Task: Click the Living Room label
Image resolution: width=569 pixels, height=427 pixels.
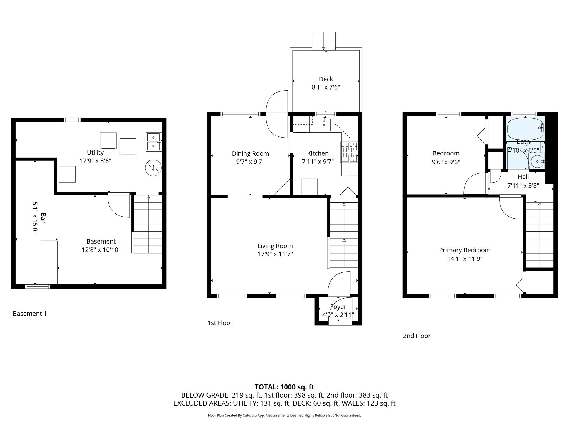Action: click(275, 246)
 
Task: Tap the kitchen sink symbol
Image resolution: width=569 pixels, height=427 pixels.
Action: click(324, 125)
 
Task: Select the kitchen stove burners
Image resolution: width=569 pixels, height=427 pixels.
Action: click(349, 152)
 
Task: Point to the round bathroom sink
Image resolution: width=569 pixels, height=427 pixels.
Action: click(537, 161)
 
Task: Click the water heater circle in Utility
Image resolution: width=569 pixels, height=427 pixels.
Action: click(153, 168)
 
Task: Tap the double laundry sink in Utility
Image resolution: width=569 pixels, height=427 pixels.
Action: click(153, 141)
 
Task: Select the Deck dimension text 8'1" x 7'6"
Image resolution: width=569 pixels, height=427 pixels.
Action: click(326, 87)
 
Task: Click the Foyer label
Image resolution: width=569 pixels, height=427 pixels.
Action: click(338, 307)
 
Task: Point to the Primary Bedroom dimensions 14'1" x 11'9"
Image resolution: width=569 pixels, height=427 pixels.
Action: click(465, 259)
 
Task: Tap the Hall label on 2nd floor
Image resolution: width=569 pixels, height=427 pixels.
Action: click(523, 177)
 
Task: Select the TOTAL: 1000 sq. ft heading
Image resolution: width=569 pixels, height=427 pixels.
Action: click(284, 387)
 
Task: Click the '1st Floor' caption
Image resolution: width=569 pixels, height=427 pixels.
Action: click(220, 323)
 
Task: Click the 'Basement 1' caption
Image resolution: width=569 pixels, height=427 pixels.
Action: click(30, 314)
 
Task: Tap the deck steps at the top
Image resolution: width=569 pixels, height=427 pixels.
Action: click(323, 41)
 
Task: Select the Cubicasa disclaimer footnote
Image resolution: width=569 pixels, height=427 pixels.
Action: click(284, 415)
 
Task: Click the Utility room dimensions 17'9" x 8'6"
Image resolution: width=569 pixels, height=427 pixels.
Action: click(95, 161)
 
